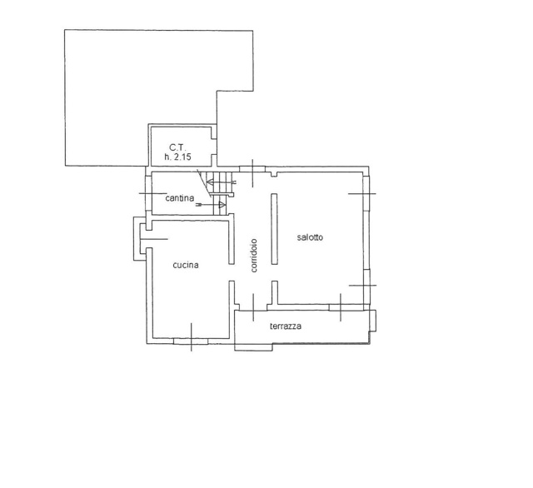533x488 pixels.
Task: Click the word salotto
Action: tap(310, 237)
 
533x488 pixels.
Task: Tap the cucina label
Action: tap(186, 265)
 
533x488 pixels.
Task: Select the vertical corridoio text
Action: tap(254, 256)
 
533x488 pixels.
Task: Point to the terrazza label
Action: tap(286, 326)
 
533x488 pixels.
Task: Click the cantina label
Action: tap(180, 198)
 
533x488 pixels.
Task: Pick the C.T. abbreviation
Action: tap(178, 147)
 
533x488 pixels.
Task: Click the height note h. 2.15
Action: tap(177, 157)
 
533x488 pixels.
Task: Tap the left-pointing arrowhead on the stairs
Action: tap(210, 182)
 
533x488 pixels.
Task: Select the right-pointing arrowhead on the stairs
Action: tap(222, 205)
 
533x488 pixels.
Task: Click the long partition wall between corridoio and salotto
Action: tap(274, 229)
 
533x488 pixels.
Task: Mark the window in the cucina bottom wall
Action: tap(191, 341)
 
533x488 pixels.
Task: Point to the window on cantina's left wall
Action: tap(148, 193)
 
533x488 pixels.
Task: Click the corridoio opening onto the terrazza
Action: tap(253, 307)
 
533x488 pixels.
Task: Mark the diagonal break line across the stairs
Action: tap(204, 183)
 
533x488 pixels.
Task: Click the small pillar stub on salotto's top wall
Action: tap(274, 175)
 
